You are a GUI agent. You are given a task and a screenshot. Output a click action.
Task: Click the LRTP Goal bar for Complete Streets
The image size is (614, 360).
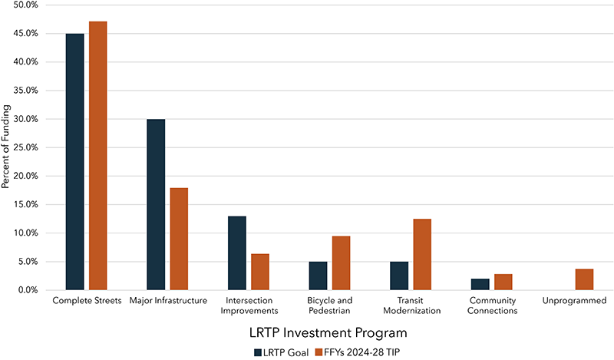point(74,162)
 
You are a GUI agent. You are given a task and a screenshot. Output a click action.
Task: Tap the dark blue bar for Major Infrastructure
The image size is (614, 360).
point(155,204)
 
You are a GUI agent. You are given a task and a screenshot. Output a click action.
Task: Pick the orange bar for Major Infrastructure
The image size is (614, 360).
point(178,239)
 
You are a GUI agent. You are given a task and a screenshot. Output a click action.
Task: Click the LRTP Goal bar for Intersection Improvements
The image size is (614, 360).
point(236,253)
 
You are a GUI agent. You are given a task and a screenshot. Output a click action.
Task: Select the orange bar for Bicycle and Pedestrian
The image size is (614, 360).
point(341,263)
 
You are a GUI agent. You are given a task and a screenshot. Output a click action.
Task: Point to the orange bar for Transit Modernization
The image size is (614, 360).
point(421,254)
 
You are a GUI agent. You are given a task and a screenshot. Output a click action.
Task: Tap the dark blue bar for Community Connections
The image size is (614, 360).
point(480,284)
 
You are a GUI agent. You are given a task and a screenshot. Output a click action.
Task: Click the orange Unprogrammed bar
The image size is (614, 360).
point(584,279)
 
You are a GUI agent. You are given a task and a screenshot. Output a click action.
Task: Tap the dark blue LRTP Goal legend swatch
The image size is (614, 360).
point(258,352)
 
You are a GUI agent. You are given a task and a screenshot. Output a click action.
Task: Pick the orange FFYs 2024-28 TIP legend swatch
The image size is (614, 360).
point(319,352)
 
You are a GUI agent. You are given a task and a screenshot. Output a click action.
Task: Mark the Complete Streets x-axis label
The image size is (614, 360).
point(86,301)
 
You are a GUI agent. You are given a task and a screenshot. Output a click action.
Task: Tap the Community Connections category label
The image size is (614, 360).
point(492,306)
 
